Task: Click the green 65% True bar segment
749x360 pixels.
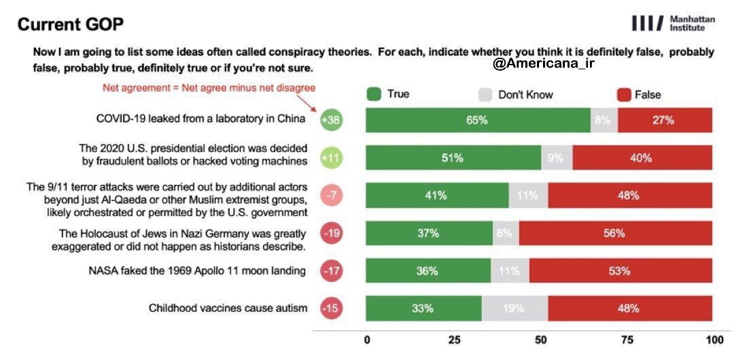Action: [477, 120]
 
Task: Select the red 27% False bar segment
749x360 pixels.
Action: [665, 120]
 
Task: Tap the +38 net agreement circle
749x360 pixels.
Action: [332, 120]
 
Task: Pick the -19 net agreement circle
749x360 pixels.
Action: [332, 233]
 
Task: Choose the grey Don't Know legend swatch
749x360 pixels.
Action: [485, 94]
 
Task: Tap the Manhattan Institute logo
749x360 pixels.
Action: [672, 24]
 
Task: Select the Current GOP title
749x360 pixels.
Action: [71, 25]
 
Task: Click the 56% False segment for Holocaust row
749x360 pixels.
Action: [615, 233]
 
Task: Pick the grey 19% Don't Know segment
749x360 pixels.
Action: [515, 308]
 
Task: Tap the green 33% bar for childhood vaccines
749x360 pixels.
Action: [423, 308]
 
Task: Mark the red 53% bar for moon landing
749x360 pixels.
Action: [620, 271]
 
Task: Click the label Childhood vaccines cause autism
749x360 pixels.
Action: [228, 308]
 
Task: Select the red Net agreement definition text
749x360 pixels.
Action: [209, 88]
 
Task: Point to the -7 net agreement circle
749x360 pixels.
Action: [332, 196]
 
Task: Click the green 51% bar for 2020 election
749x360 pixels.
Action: [453, 158]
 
